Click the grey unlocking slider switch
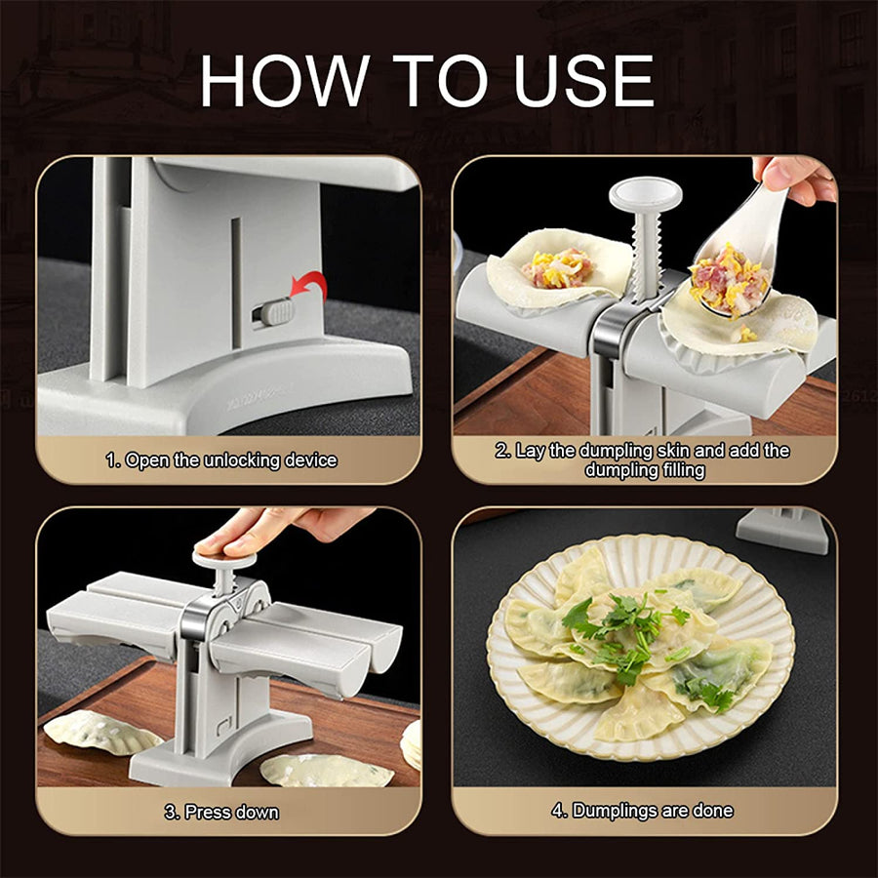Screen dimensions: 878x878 pos(275,313)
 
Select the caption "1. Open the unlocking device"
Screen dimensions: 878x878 pos(221,459)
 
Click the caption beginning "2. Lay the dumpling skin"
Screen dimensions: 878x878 pos(642,459)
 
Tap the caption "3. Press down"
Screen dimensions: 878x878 pos(221,812)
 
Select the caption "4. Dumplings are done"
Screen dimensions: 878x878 pos(642,811)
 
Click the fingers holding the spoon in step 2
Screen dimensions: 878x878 pos(795,178)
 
